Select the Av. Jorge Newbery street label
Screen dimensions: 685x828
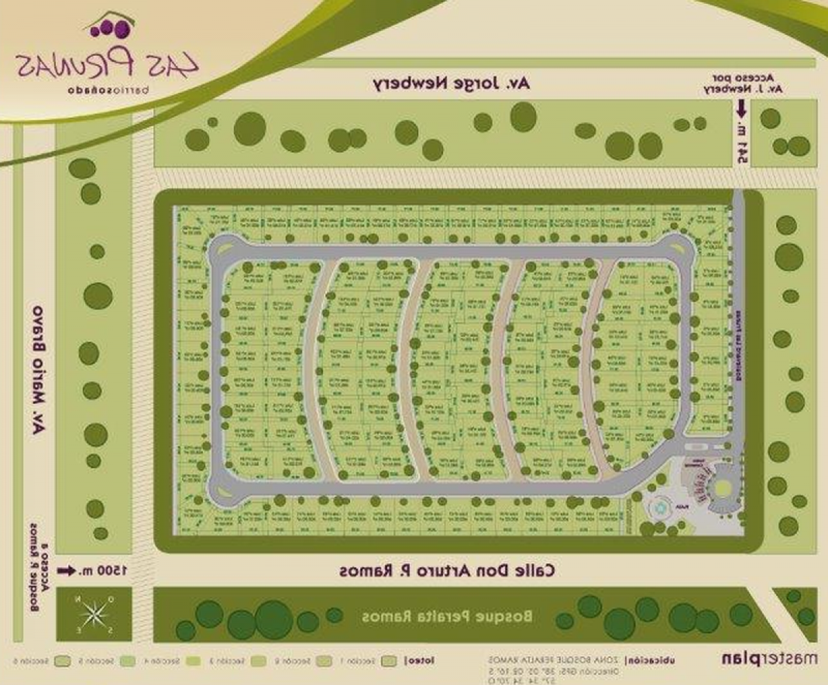pos(453,84)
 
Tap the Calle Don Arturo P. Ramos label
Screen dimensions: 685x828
pos(447,571)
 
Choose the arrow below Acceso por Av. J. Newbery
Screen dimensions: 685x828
pos(742,108)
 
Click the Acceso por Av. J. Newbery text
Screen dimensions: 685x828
pos(746,83)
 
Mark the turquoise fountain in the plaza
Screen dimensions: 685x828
pos(662,509)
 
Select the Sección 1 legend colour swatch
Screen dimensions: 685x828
pos(391,660)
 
